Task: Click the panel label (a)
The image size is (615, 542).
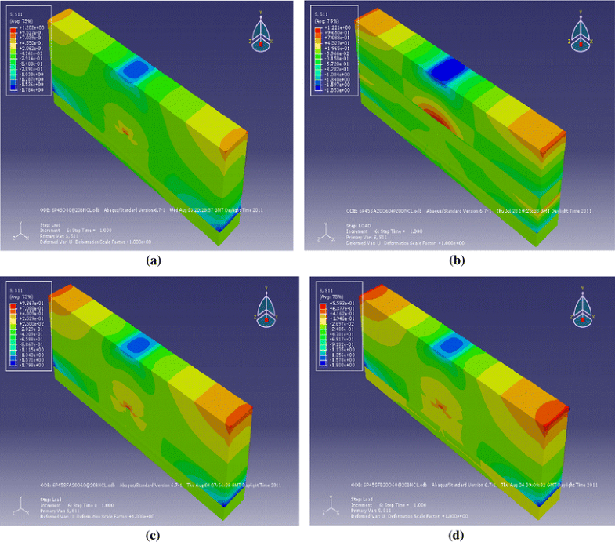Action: click(x=153, y=260)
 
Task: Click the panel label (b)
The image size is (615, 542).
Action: click(x=459, y=260)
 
